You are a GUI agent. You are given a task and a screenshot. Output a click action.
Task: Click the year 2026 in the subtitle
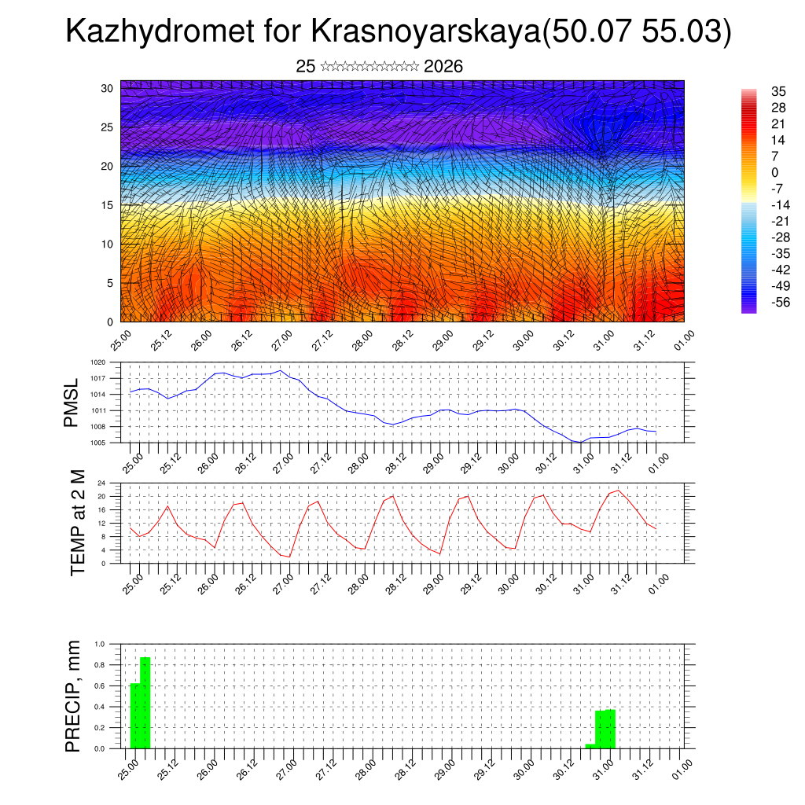coord(443,67)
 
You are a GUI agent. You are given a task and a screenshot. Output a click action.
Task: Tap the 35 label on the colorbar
coord(757,91)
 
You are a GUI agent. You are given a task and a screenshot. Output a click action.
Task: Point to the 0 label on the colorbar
coord(753,172)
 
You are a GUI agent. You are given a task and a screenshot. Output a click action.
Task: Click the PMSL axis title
coord(72,402)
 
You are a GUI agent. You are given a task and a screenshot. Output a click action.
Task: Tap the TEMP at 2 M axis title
coord(77,523)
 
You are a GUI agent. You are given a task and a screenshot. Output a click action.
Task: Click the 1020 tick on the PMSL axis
coord(98,363)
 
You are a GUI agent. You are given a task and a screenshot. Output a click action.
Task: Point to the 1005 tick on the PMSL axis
coord(98,443)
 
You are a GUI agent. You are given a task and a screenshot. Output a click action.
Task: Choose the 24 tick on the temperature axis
coord(102,483)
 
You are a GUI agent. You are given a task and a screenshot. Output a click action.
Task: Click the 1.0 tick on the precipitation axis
coord(100,644)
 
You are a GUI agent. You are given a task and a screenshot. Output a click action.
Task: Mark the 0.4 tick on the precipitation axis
coord(100,707)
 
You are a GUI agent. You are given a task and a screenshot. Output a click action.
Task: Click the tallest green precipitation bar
coord(145,703)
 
